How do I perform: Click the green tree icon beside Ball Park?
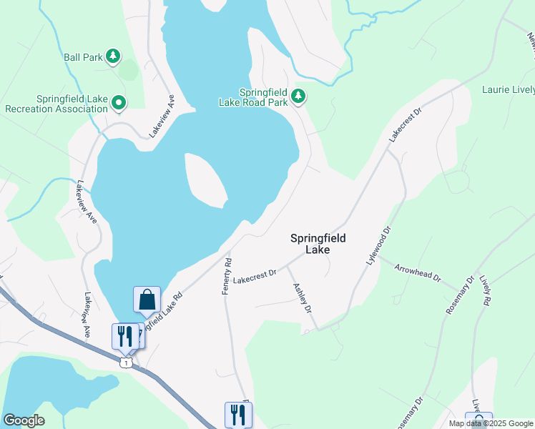(x=112, y=56)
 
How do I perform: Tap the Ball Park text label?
(x=83, y=56)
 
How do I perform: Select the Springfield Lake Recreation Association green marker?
(x=119, y=104)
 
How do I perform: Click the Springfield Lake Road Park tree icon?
(x=298, y=96)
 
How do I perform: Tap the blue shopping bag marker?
(x=147, y=300)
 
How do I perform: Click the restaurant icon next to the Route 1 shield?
(x=125, y=335)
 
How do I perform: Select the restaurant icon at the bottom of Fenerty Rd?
(x=238, y=415)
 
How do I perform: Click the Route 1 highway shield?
(x=126, y=363)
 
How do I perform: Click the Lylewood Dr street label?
(x=379, y=246)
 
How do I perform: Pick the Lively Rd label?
(x=486, y=290)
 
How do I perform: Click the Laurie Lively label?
(x=508, y=90)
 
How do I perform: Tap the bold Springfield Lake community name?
(x=318, y=244)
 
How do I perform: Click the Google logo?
(x=24, y=420)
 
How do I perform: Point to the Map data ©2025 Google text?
(x=491, y=423)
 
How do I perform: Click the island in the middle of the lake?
(x=205, y=179)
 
